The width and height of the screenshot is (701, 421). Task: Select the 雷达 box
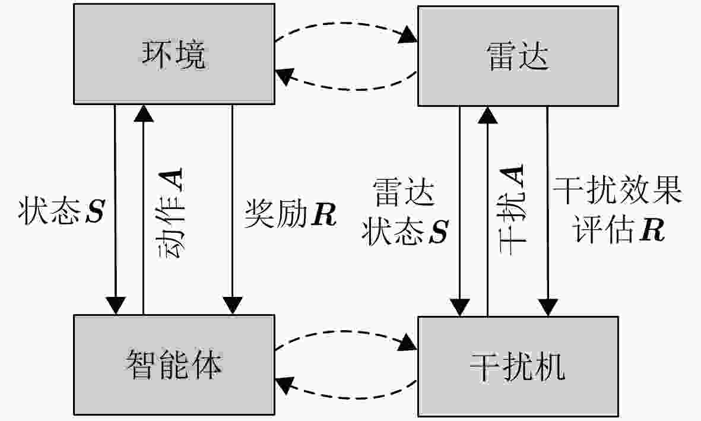tap(518, 57)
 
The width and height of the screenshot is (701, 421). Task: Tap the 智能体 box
tap(174, 365)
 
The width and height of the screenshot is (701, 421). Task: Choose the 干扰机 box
tap(518, 366)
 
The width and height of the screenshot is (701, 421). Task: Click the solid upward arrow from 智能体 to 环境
tap(143, 208)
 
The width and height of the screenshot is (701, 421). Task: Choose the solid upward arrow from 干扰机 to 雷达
tap(487, 208)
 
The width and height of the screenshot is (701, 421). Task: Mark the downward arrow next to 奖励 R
tap(232, 208)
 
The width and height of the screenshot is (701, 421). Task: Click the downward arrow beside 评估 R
tap(547, 208)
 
